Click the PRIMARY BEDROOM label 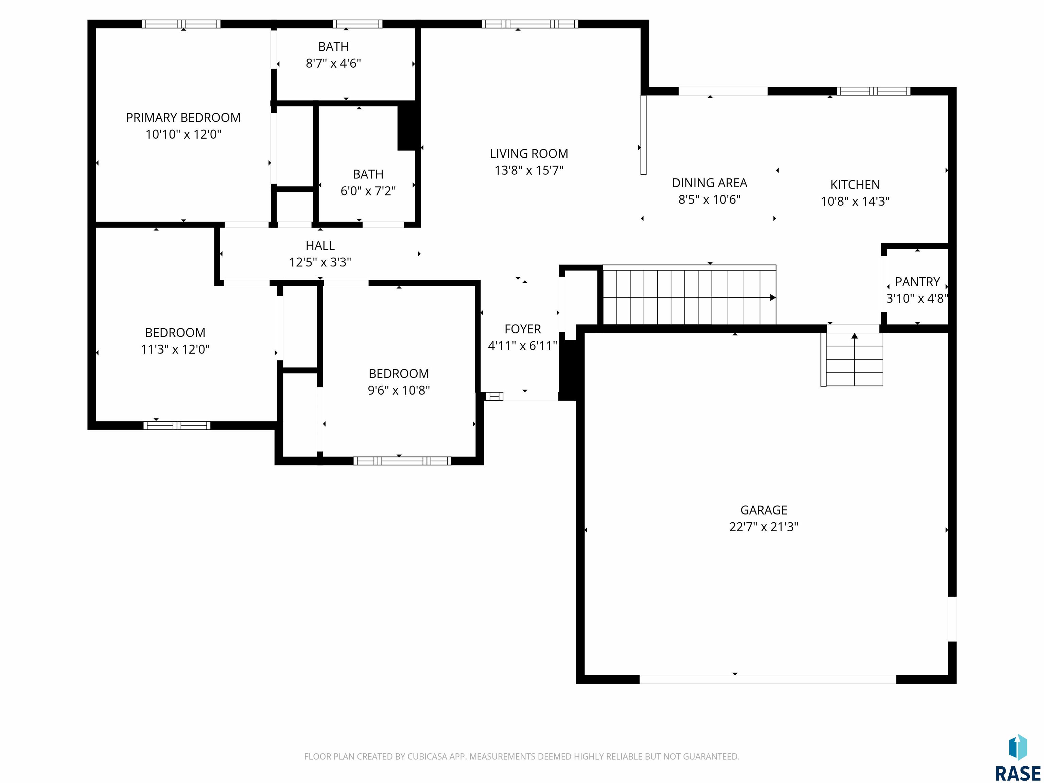183,118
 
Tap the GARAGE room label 764,510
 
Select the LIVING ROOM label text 528,154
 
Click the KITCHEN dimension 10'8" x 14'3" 855,202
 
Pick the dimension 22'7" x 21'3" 764,527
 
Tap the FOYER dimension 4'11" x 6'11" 522,346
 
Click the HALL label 320,245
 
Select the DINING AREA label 709,183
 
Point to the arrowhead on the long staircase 772,297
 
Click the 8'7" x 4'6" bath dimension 333,63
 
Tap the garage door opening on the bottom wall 767,679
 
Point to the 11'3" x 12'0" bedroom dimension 175,349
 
